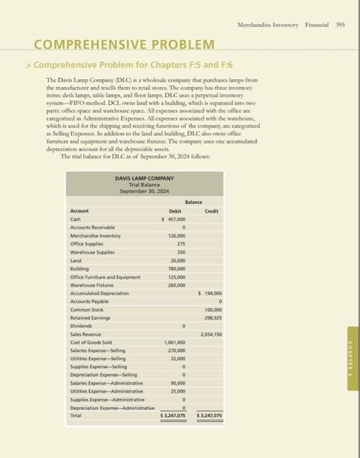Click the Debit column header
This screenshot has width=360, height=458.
(175, 211)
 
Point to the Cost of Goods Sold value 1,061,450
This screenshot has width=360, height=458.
(175, 342)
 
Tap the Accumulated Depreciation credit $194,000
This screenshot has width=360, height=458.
(209, 292)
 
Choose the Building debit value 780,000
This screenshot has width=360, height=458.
(176, 268)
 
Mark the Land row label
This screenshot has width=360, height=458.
(76, 260)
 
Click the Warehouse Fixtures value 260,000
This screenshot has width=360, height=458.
(176, 285)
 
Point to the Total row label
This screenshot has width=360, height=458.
(77, 415)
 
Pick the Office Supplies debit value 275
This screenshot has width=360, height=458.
(180, 244)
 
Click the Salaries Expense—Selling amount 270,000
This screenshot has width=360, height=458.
(176, 350)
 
